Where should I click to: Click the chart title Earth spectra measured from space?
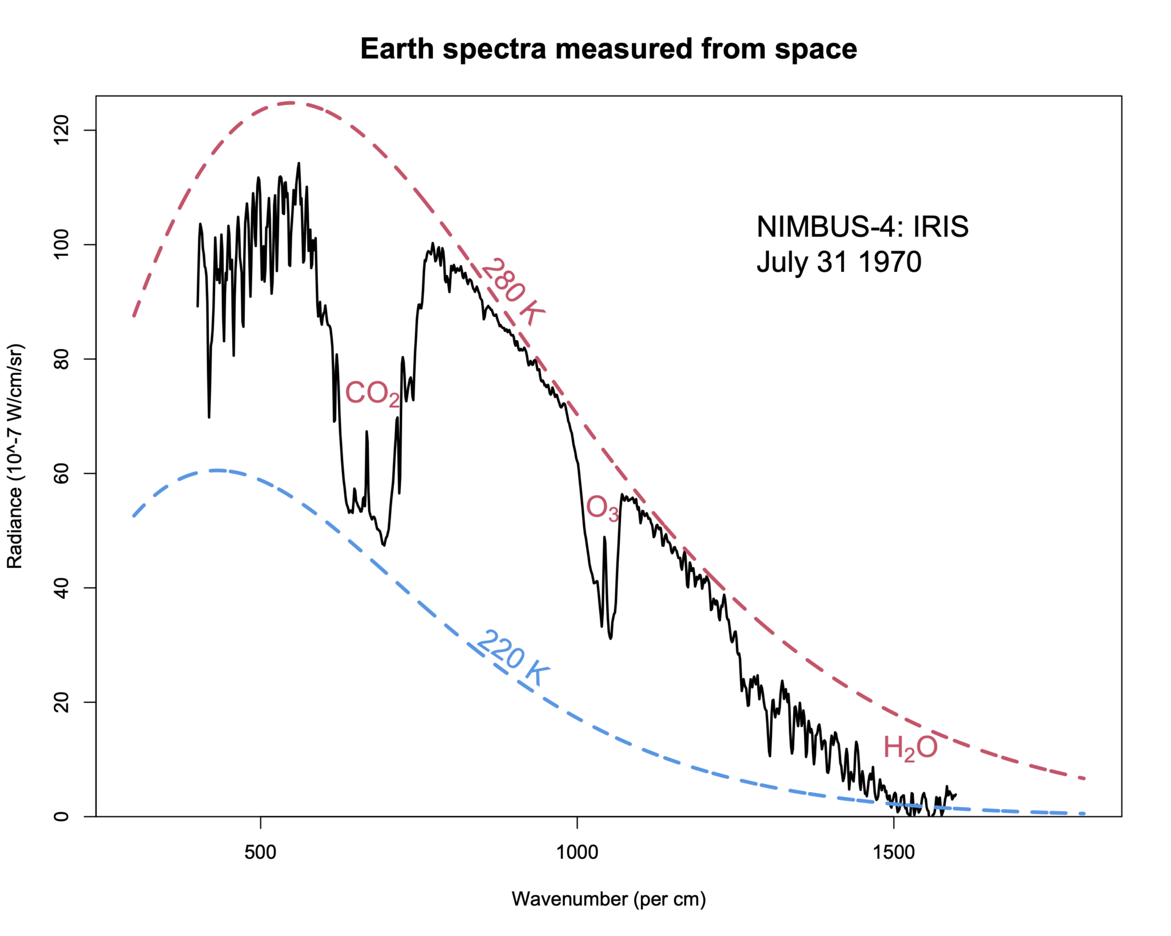click(x=608, y=49)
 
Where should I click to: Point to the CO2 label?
click(x=372, y=394)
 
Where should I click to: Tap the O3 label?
click(x=602, y=508)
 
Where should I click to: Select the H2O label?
click(x=910, y=748)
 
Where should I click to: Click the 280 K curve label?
click(x=512, y=291)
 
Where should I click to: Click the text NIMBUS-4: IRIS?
click(x=862, y=227)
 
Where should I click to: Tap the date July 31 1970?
click(x=839, y=262)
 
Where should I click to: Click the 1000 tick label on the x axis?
click(x=577, y=853)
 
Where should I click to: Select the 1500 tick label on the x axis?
click(x=894, y=853)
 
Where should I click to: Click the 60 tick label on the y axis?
click(x=61, y=473)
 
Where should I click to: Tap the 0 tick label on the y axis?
click(x=61, y=816)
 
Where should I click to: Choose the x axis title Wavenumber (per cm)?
click(x=608, y=899)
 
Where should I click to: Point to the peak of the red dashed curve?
click(x=292, y=103)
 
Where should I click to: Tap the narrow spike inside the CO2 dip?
click(x=367, y=433)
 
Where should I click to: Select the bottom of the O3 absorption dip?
click(x=611, y=638)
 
